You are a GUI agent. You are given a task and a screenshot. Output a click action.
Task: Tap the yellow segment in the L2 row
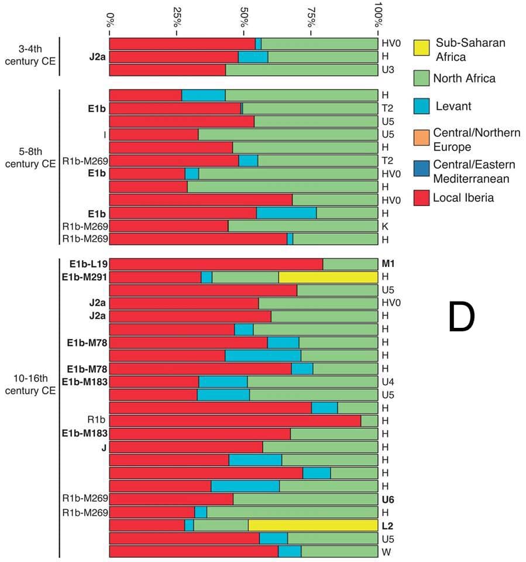[x=313, y=525]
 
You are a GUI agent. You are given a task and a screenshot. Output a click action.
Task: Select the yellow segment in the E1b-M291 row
[x=328, y=277]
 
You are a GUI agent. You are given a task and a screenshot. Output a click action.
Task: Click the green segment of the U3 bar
[x=302, y=70]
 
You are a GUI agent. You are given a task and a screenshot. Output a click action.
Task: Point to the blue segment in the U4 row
[x=223, y=382]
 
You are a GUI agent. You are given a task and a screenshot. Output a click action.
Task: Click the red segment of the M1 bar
[x=216, y=264]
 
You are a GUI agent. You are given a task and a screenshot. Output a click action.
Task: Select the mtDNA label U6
[x=388, y=499]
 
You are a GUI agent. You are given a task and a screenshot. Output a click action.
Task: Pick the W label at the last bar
[x=385, y=551]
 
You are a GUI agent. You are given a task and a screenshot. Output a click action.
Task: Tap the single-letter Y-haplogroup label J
[x=104, y=447]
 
